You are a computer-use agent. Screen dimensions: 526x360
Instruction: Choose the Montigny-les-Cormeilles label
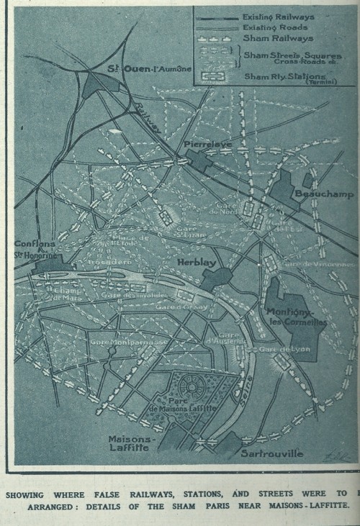[x=296, y=317]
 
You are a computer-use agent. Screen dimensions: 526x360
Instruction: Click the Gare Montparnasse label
[x=119, y=342]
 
